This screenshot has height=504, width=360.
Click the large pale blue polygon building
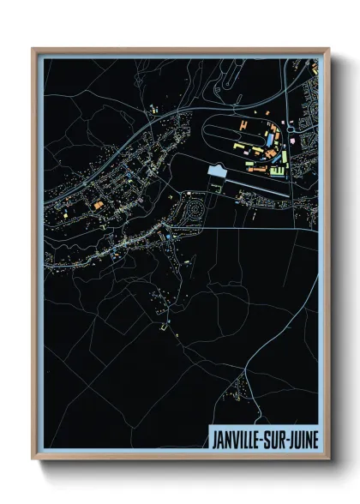[217, 173]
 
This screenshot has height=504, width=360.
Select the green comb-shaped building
[278, 171]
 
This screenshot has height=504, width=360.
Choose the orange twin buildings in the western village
[98, 205]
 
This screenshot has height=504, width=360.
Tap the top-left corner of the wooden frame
[33, 49]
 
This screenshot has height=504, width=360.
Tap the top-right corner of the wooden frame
[328, 49]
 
